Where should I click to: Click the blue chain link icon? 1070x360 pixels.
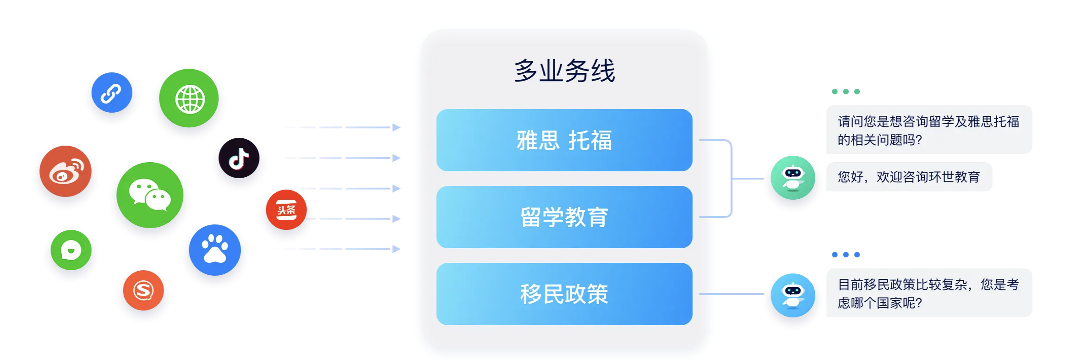112,93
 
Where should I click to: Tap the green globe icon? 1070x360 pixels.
189,98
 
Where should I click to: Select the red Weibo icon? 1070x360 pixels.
66,171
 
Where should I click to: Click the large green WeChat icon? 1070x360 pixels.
150,195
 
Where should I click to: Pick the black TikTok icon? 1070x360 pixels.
239,158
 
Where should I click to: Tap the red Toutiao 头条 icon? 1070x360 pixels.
286,210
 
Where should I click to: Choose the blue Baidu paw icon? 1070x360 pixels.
215,250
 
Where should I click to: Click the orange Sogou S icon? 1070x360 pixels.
143,290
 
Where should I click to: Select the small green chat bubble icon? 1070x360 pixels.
71,250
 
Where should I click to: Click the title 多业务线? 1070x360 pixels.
564,71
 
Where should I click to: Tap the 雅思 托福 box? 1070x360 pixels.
564,140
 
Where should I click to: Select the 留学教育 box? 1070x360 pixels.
564,217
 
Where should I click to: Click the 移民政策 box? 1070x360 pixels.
564,294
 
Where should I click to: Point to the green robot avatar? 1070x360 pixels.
793,178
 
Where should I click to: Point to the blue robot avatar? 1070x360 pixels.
793,295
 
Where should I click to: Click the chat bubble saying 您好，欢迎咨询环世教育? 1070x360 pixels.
909,177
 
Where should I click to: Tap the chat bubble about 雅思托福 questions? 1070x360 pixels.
929,130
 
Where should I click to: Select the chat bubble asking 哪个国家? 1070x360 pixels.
929,293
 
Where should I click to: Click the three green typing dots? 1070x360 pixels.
846,92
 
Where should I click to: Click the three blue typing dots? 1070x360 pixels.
846,255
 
